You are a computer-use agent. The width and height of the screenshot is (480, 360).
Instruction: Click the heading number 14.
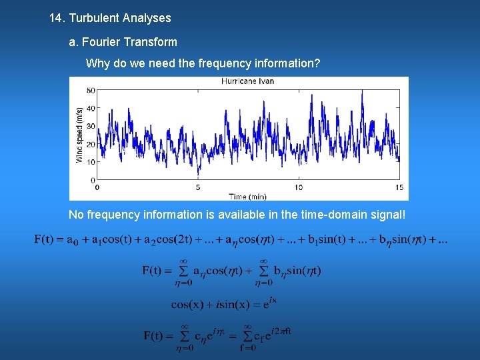tap(57, 18)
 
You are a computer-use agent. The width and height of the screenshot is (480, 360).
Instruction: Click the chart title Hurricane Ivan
tap(247, 81)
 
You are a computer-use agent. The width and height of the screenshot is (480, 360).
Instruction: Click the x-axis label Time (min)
tap(247, 196)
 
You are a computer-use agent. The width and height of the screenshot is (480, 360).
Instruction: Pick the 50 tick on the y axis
tap(91, 90)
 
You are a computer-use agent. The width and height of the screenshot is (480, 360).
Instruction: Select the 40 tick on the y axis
tap(91, 108)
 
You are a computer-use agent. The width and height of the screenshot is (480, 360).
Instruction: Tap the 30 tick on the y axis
tap(91, 126)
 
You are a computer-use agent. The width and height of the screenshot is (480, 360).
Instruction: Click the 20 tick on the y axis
tap(91, 144)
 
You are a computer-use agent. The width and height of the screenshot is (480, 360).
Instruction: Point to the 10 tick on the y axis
tap(91, 162)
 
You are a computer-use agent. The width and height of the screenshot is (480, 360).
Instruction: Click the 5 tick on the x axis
tap(198, 187)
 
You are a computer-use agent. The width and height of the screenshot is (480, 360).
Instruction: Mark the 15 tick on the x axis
tap(399, 187)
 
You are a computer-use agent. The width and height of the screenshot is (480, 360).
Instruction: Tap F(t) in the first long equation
tap(43, 239)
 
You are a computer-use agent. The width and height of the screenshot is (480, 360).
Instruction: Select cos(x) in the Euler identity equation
tap(187, 304)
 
